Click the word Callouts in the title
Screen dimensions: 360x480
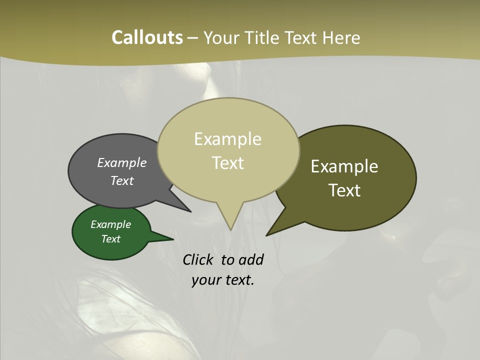[147, 37]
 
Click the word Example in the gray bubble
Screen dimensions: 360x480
[122, 162]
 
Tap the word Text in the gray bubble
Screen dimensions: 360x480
[122, 180]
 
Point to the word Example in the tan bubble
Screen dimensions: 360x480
[227, 139]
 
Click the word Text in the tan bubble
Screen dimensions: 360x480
[227, 162]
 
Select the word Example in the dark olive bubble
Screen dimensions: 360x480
[344, 166]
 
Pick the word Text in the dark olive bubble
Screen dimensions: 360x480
[344, 190]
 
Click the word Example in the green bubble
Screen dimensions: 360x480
[110, 224]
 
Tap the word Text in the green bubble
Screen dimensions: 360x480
[110, 239]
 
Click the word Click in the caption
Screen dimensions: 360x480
[197, 259]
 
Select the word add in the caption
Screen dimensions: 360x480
[251, 259]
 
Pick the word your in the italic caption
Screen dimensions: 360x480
[205, 280]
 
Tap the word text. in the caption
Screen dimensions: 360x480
[238, 280]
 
